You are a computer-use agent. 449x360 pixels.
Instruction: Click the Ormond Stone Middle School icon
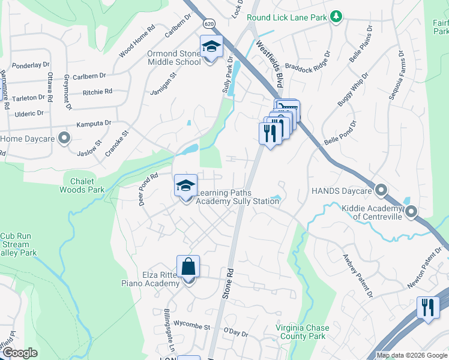[x=211, y=47]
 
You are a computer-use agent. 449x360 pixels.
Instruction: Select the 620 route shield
[x=208, y=23]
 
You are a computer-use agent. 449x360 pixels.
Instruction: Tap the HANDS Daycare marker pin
[x=381, y=190]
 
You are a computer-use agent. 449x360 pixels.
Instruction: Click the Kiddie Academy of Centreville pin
[x=411, y=211]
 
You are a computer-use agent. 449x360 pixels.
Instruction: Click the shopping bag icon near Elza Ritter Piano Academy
[x=188, y=266]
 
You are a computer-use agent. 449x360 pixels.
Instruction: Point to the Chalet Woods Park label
[x=82, y=185]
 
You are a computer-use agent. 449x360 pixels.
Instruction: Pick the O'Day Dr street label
[x=235, y=331]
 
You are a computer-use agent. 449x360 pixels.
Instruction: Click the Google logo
[x=20, y=353]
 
